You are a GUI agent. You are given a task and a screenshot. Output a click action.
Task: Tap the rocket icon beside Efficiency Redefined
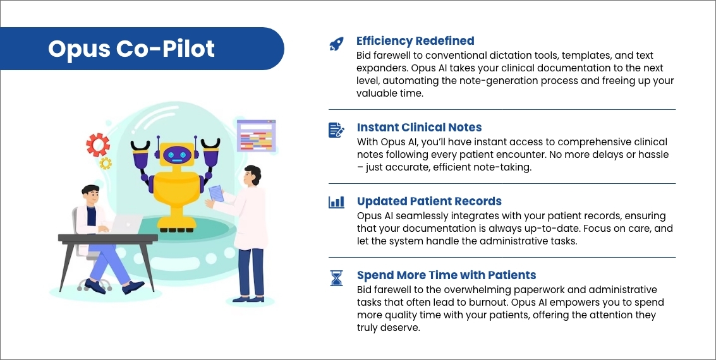(336, 44)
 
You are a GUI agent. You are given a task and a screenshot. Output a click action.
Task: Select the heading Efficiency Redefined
(415, 41)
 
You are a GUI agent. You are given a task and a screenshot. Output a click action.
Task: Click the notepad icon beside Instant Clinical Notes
(336, 130)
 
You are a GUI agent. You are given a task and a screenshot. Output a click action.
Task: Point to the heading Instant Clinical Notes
(420, 128)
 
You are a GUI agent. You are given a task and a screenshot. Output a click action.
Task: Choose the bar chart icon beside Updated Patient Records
(336, 202)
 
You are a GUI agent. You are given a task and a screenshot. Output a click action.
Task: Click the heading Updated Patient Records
(429, 201)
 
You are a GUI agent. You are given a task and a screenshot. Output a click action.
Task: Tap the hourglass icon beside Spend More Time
(336, 277)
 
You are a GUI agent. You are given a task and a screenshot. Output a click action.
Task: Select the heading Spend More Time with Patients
(446, 275)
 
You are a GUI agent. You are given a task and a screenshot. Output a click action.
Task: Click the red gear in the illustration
(98, 145)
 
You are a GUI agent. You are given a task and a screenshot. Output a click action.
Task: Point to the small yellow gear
(106, 163)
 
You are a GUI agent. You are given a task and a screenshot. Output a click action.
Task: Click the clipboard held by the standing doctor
(216, 193)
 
